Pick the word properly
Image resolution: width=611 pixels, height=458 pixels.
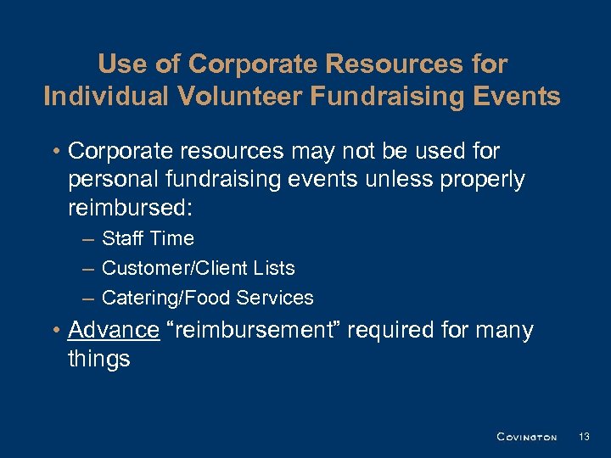[484, 180]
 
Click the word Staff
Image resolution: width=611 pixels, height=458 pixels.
[122, 239]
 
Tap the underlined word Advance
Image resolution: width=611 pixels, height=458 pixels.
[114, 330]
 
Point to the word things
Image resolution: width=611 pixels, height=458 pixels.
[98, 359]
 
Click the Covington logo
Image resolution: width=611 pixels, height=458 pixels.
[526, 437]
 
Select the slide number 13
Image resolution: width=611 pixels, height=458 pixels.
[583, 437]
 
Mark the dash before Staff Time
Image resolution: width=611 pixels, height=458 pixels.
[87, 240]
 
